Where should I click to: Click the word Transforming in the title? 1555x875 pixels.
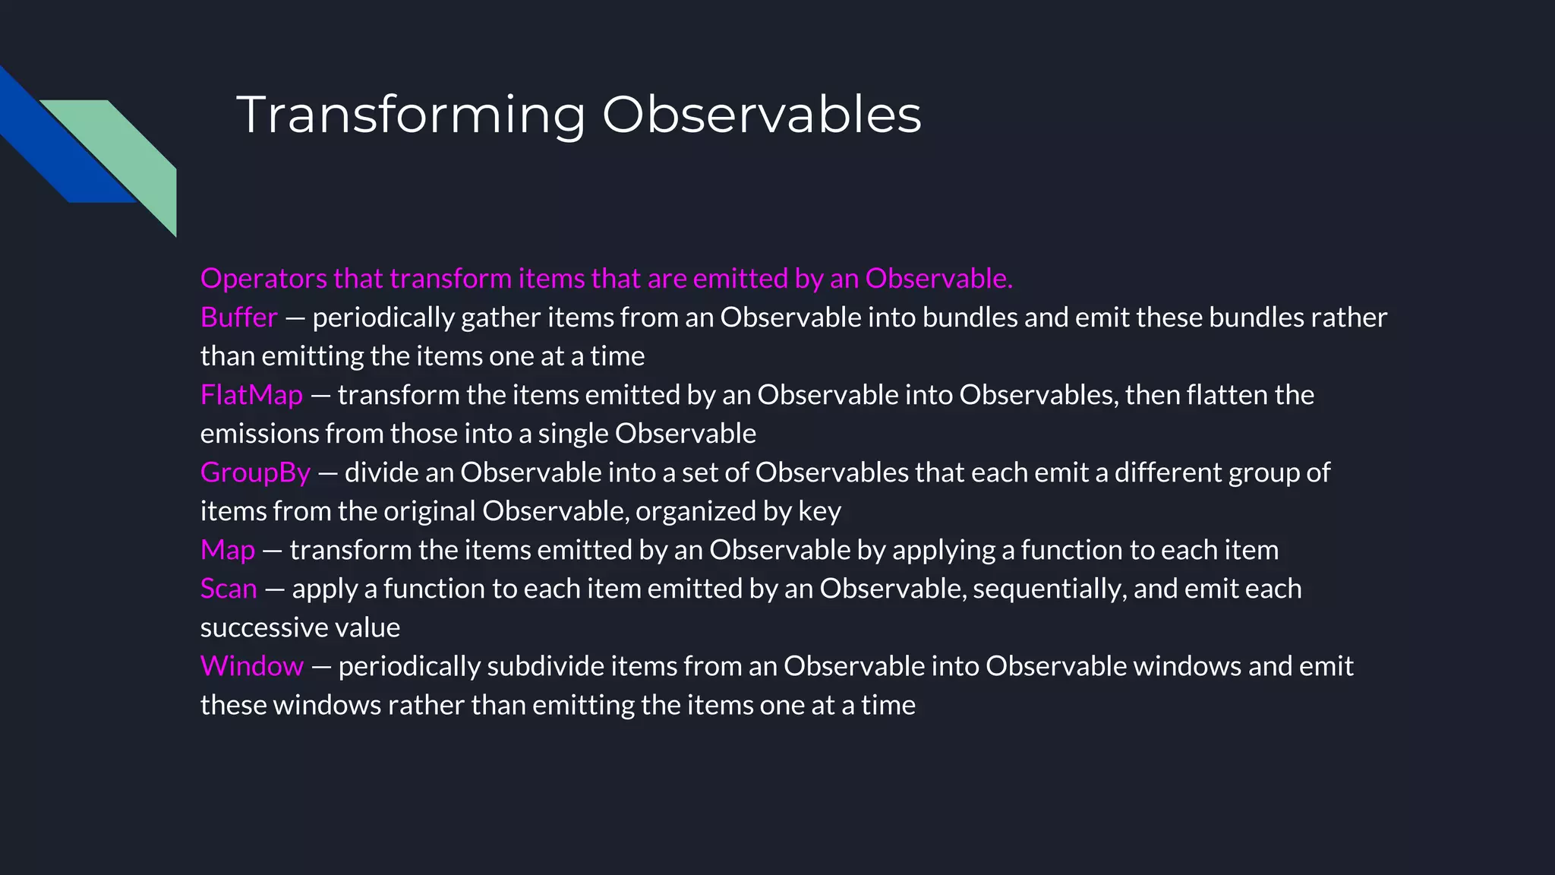[411, 115]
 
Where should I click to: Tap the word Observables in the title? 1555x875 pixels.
[762, 115]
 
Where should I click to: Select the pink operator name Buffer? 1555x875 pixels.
[238, 317]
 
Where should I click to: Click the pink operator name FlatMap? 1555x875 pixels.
[251, 395]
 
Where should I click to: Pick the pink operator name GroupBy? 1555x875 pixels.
[255, 472]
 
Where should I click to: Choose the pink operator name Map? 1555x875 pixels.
[227, 550]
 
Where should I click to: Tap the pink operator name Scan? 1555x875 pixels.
[229, 589]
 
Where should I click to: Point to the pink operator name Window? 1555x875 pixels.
[251, 666]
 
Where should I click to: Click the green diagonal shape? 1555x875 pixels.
[129, 152]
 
